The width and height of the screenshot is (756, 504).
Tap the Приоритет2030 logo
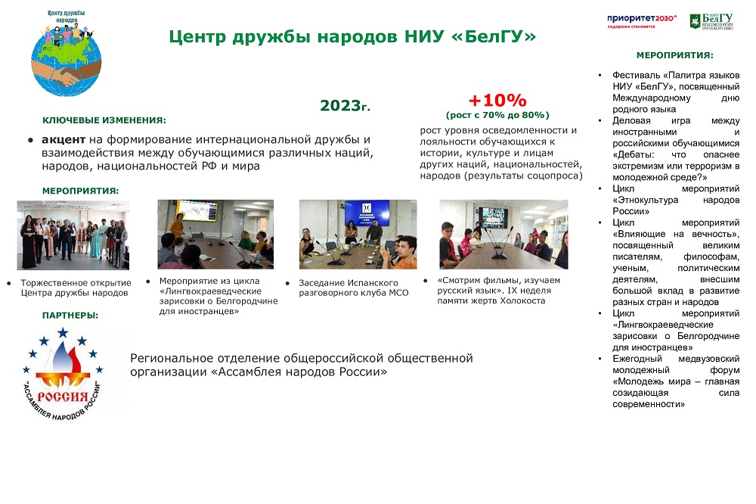642,20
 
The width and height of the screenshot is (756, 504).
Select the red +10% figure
497,101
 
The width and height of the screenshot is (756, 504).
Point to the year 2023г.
345,106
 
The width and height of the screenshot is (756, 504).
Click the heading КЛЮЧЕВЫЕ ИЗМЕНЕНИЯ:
104,120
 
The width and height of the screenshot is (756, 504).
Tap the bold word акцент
64,140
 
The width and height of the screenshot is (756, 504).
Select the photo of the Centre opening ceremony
73,235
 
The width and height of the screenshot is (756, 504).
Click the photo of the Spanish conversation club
358,235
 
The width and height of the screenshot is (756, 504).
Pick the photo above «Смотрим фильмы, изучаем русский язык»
503,235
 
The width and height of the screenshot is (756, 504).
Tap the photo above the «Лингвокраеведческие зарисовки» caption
215,235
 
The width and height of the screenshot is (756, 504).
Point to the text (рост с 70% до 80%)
497,115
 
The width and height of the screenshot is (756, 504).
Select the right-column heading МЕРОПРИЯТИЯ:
674,55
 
